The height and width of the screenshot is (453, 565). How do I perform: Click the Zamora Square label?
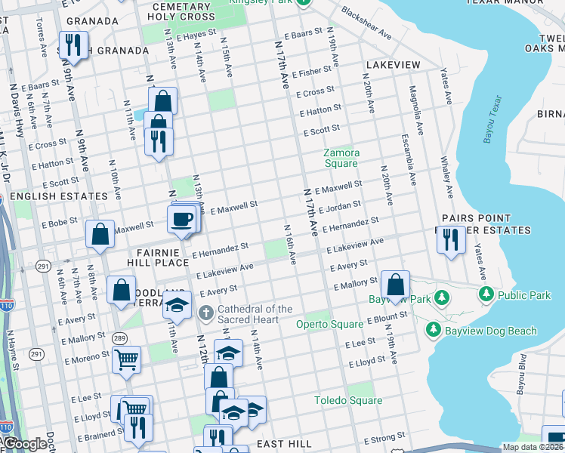click(341, 158)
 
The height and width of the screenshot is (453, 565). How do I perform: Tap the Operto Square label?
click(329, 325)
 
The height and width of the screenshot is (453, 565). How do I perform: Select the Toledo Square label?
click(349, 400)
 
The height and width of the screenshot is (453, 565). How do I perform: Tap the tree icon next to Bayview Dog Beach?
click(433, 331)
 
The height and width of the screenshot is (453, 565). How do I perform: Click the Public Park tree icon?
click(486, 293)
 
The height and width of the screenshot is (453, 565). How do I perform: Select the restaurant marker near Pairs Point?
click(451, 241)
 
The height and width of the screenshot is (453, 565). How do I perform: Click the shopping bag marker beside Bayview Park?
click(395, 285)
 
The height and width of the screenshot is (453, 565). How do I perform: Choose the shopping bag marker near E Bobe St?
click(100, 235)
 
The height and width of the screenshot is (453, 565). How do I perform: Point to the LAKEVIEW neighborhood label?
click(393, 66)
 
